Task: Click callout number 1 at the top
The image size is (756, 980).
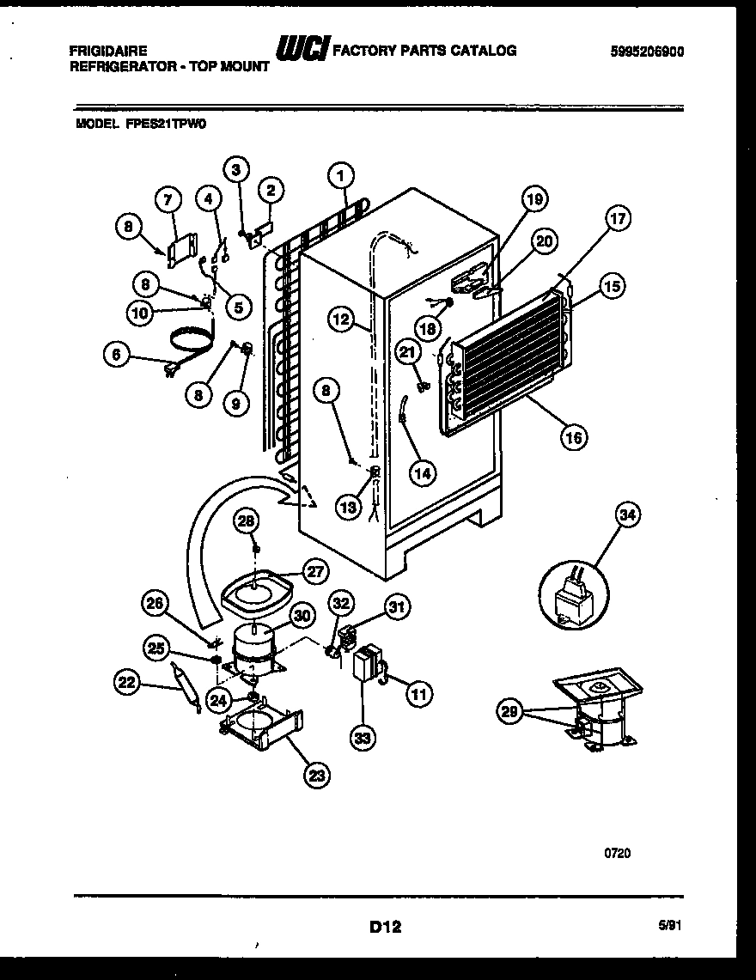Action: [x=341, y=176]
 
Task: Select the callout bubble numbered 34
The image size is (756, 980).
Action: [x=629, y=516]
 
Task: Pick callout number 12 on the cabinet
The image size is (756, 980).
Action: [x=341, y=320]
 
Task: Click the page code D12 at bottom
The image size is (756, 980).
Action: [x=386, y=926]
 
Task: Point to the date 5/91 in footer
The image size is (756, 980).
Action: [x=673, y=925]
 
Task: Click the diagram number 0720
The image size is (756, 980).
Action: [x=617, y=853]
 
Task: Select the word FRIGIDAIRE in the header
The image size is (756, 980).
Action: [x=107, y=51]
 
